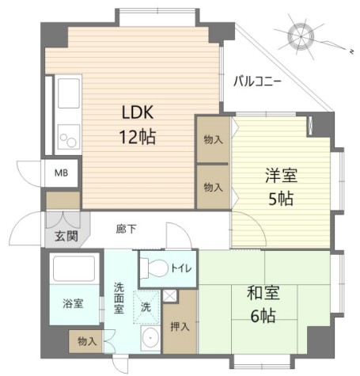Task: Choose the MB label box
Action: coord(61,172)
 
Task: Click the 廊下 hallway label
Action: coord(126,229)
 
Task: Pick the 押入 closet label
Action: coord(179,327)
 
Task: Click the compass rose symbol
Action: coord(301,36)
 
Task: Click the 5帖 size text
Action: coord(279,199)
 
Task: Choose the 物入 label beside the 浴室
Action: coord(87,341)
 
